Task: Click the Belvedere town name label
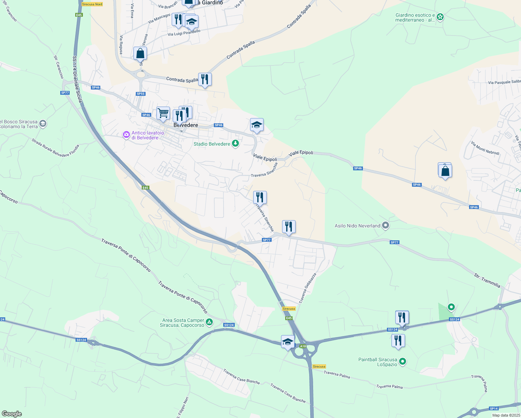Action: click(x=186, y=125)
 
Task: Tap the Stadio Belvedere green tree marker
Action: click(x=235, y=144)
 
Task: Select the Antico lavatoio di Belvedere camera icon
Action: click(x=126, y=135)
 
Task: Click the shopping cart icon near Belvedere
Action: click(x=163, y=113)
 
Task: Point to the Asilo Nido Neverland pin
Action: click(x=385, y=226)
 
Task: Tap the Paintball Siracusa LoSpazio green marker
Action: click(x=402, y=362)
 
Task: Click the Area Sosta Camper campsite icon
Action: click(x=209, y=322)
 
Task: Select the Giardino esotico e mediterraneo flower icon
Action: click(x=440, y=17)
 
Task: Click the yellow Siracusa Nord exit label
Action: click(x=92, y=4)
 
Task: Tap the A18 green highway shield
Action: click(x=303, y=346)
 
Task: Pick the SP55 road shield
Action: click(x=140, y=94)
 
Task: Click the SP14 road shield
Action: click(x=493, y=408)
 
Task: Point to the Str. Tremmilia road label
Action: click(x=487, y=281)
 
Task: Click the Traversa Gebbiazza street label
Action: click(x=307, y=288)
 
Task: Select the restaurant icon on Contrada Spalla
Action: click(x=205, y=79)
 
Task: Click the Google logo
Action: click(x=11, y=414)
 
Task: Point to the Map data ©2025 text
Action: click(x=505, y=415)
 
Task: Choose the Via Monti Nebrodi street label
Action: click(x=485, y=148)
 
